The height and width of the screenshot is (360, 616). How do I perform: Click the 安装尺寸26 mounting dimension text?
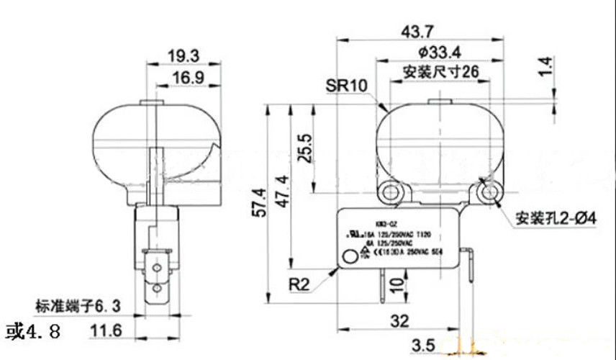pyautogui.click(x=440, y=72)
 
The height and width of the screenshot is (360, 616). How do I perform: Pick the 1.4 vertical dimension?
pyautogui.click(x=547, y=67)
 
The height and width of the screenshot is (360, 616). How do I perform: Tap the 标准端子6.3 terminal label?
pyautogui.click(x=78, y=306)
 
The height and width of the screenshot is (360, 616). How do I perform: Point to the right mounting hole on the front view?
pyautogui.click(x=490, y=192)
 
